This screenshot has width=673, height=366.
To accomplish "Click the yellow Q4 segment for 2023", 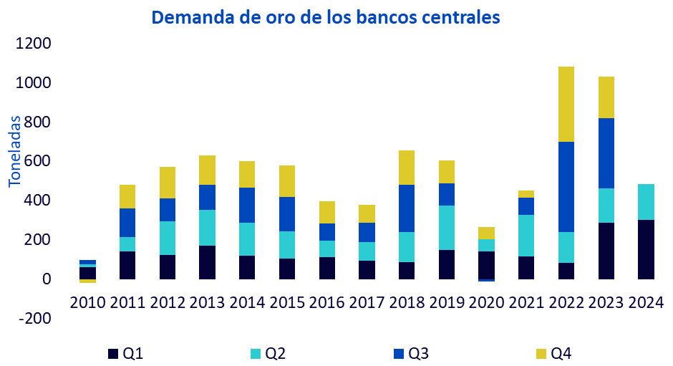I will point(606,97).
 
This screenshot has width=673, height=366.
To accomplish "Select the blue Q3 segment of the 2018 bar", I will point(407,208).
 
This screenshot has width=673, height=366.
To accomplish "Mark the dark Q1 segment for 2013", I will point(208,262).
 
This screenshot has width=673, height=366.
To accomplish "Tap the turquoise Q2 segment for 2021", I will point(526,236).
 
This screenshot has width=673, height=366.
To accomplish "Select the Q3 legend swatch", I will point(399,353).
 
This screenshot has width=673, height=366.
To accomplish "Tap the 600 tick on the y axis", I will point(39,162).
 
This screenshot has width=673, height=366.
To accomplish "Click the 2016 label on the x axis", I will point(327,302).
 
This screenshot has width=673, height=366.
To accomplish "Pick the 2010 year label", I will point(88,302).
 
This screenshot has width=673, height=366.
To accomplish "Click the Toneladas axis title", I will point(15,151).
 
